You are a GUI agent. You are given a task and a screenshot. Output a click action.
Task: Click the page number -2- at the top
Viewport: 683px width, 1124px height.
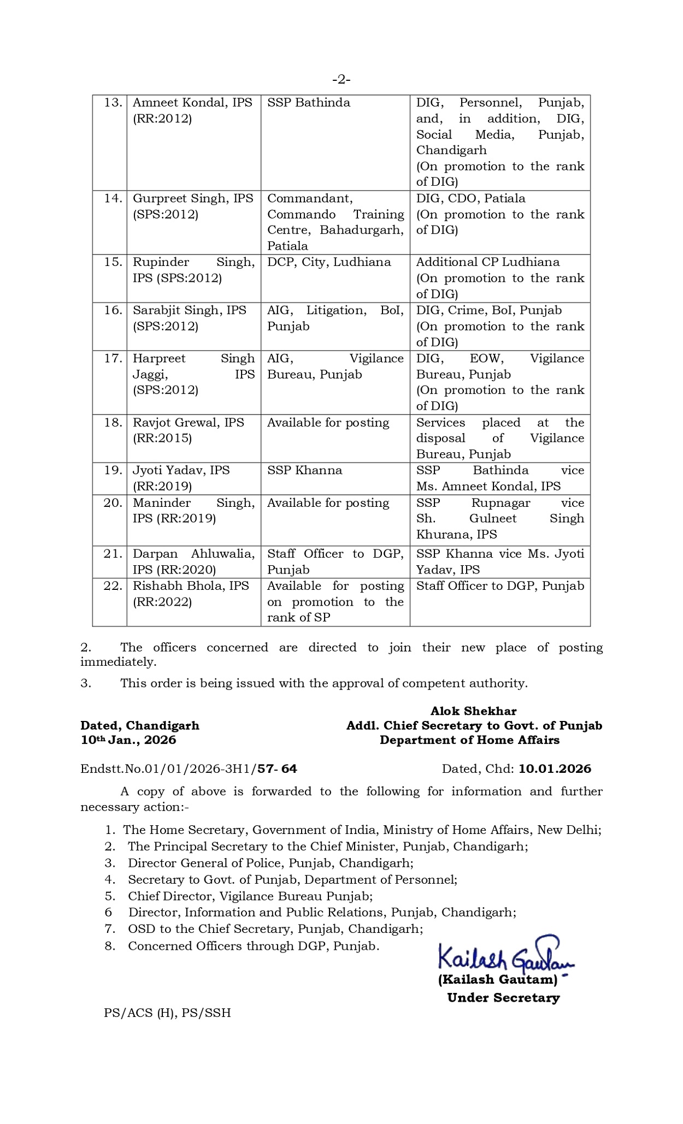coord(341,80)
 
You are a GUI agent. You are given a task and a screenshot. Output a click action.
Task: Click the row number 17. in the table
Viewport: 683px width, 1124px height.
coord(113,358)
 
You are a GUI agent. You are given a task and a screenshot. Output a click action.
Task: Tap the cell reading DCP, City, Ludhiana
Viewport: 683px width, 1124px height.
coord(329,262)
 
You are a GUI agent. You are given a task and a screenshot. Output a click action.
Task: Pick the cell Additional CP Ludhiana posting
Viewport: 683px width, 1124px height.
coord(488,262)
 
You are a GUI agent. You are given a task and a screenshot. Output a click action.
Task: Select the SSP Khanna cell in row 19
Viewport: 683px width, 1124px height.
coord(304,470)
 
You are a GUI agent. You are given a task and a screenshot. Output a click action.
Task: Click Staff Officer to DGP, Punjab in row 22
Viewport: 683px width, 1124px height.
coord(500,586)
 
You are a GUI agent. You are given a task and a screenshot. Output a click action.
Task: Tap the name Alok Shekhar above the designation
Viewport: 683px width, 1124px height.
coord(473,711)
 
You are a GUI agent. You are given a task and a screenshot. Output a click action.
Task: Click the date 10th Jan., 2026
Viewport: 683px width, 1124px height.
coord(128,740)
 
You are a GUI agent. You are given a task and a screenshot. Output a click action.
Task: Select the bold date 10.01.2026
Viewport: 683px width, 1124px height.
coord(555,769)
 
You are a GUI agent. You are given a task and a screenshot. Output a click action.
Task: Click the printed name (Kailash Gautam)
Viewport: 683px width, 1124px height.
coord(497,980)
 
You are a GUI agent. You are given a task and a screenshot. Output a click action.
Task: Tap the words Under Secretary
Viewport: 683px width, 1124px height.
coord(503,998)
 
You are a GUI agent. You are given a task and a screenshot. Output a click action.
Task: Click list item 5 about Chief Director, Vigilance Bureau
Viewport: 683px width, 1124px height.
coord(250,896)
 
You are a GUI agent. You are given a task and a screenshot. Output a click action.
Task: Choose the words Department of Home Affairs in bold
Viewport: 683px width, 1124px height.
coord(469,740)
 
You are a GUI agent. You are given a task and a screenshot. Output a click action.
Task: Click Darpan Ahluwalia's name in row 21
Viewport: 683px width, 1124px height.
coord(193,554)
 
